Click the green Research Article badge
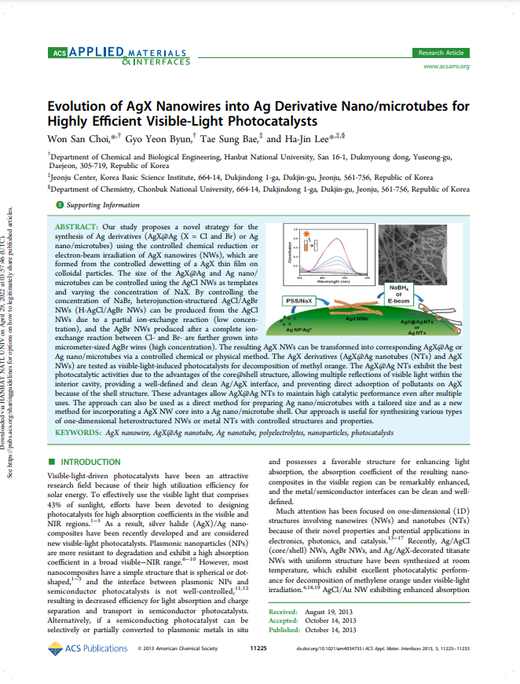click(440, 53)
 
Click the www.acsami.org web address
click(446, 67)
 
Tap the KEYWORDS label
click(79, 432)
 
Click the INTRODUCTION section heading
click(90, 462)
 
